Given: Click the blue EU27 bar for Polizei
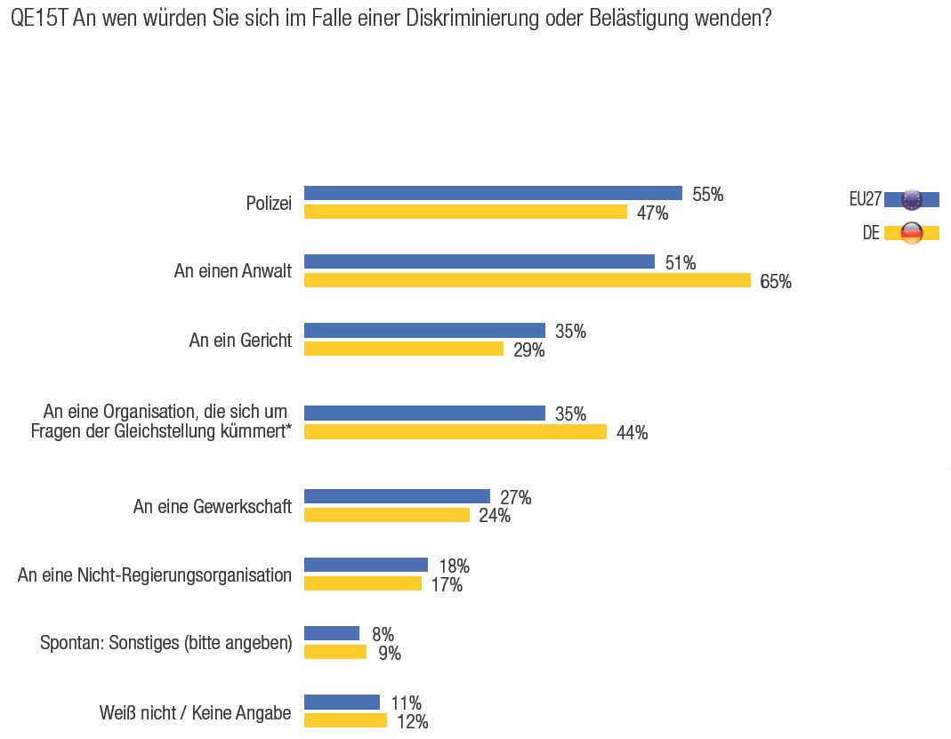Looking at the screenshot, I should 493,193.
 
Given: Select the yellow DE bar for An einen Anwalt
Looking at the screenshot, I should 528,280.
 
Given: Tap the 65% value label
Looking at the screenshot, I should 776,282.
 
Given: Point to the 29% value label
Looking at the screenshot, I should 528,350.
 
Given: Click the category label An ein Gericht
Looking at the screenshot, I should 240,341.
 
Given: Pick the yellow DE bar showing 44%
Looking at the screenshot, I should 455,431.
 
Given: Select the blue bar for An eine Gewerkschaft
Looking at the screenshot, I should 397,496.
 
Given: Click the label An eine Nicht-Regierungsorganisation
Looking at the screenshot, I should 155,575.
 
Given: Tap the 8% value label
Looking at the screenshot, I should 383,635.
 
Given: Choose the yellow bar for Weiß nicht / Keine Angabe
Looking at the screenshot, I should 345,720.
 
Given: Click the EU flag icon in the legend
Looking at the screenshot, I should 912,199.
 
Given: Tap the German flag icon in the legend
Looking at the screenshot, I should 912,233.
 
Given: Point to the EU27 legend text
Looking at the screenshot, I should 865,199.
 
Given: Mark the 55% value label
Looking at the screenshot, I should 708,195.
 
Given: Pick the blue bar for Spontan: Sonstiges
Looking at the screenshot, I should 332,633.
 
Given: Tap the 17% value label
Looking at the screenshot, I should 447,585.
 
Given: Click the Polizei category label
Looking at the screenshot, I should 269,204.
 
